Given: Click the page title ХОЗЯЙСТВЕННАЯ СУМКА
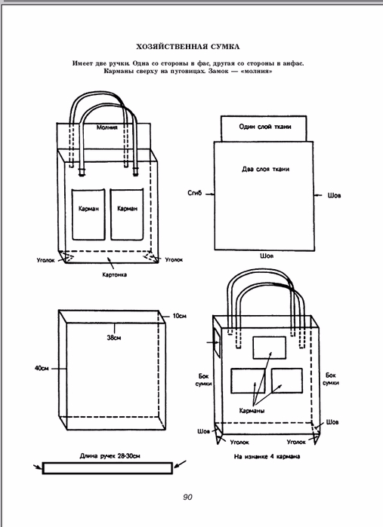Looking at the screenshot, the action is [188, 47].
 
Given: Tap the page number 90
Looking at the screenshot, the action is [187, 497].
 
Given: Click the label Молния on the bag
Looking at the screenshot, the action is [107, 127].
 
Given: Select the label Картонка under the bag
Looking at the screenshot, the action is [115, 274].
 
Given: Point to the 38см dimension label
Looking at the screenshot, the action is [114, 338].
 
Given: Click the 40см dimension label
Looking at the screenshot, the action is [42, 369].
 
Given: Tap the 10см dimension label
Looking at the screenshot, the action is [180, 316].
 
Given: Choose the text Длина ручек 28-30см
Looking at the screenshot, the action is [110, 456].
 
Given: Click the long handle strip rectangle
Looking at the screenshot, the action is [107, 468].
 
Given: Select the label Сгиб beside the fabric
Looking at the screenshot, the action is [195, 193].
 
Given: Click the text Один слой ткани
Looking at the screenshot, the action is [265, 127].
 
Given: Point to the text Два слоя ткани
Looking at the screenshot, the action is [265, 169].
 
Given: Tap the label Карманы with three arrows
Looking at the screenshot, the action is [252, 411].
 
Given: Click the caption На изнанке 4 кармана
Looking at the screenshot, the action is [267, 456].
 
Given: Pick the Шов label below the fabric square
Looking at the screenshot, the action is [267, 256].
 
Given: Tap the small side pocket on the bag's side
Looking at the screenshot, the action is [217, 342].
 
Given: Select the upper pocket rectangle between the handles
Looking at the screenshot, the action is [270, 348].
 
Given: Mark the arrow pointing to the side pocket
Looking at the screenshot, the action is [212, 342].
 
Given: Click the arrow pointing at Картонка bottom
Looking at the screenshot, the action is [111, 263].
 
